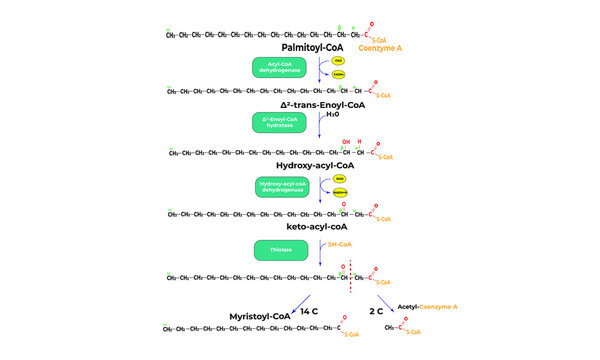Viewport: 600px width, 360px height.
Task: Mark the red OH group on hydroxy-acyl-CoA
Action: tap(345, 142)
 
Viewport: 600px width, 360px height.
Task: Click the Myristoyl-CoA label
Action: tap(257, 316)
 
